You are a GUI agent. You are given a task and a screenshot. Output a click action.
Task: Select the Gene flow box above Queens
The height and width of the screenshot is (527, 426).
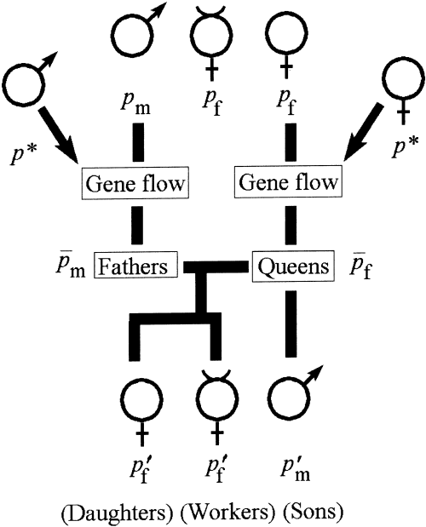287,182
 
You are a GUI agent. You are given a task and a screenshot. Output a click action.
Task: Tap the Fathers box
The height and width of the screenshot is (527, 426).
136,266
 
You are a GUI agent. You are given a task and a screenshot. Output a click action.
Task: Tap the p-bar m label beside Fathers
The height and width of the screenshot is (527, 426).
72,267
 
